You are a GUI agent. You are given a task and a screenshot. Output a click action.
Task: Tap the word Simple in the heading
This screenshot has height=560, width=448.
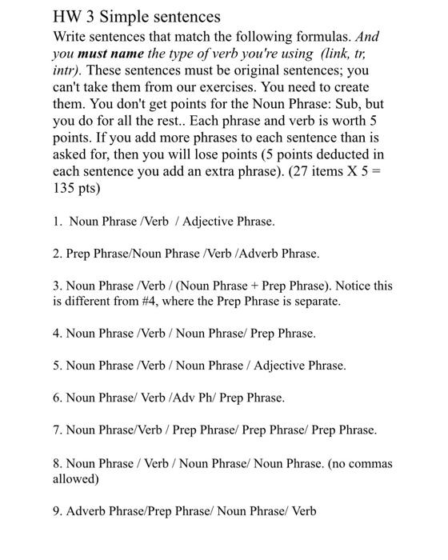[122, 17]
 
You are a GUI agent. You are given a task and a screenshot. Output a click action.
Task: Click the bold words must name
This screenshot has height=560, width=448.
[110, 55]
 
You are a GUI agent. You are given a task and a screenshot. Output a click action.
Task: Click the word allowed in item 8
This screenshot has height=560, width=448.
[74, 478]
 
